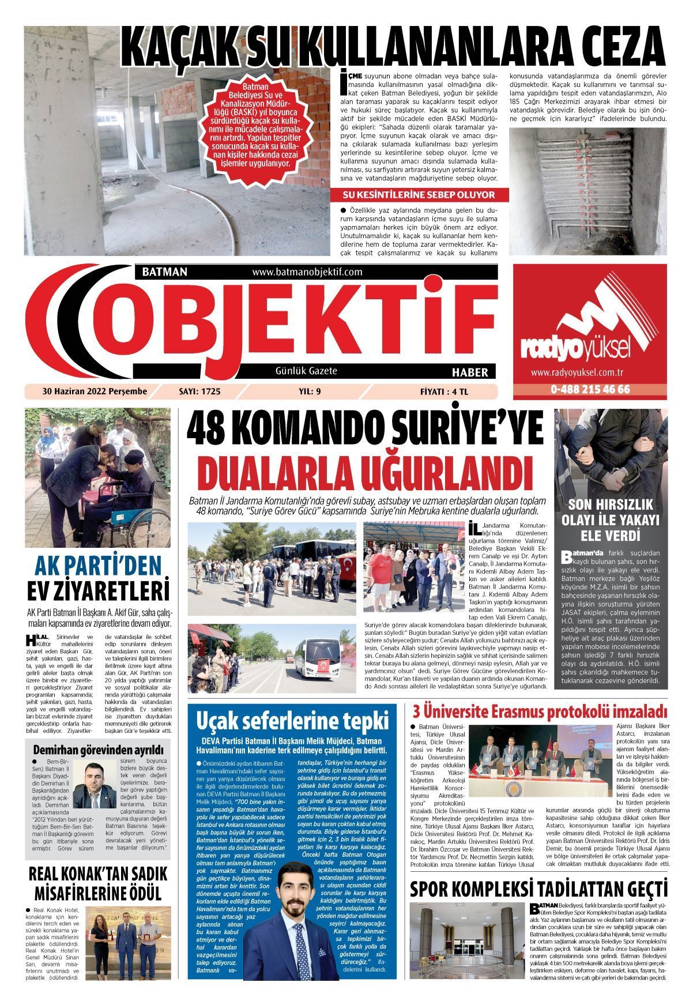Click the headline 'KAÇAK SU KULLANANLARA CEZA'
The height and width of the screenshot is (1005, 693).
coord(393,47)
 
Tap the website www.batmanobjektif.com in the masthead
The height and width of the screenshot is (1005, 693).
coord(307,272)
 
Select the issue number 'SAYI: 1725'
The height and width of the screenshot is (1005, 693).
coord(200,392)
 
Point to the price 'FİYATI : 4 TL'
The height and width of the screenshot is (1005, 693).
coord(444,392)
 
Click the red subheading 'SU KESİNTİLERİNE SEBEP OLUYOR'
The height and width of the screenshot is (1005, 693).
coord(419,195)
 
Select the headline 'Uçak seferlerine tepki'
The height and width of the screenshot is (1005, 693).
coord(292,721)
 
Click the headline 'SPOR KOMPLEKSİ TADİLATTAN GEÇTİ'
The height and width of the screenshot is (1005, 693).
coord(538,889)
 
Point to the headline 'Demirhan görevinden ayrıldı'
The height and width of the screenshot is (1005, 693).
coord(99,750)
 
